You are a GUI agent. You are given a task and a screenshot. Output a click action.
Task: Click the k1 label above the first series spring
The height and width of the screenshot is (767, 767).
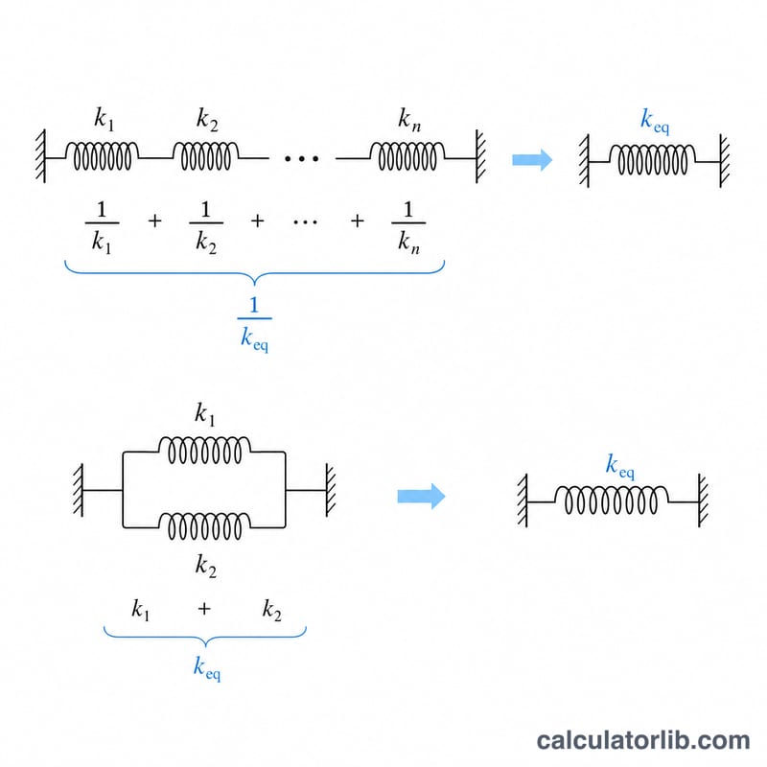[105, 119]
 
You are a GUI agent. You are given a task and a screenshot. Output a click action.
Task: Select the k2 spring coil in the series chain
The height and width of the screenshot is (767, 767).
[206, 156]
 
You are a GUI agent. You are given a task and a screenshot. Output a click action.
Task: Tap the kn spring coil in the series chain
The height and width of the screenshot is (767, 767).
[407, 156]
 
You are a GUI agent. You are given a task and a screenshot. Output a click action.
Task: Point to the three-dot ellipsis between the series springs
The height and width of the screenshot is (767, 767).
[301, 158]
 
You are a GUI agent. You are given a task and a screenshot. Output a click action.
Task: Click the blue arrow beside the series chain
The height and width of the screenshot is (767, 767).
[532, 160]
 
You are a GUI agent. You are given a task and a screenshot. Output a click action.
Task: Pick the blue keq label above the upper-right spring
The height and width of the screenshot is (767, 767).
[655, 121]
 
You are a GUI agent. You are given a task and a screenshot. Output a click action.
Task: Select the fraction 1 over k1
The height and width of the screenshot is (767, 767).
[102, 227]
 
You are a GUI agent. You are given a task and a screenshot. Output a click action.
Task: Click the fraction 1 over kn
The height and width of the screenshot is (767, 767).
[408, 227]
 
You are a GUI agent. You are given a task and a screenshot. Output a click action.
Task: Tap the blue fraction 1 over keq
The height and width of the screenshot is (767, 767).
[254, 324]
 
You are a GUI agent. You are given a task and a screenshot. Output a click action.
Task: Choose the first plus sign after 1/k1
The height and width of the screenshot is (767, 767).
[154, 221]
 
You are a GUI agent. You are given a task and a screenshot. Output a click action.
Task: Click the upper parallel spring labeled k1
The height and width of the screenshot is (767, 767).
[204, 450]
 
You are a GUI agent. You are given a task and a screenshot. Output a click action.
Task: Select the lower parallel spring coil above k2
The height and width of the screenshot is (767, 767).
[204, 525]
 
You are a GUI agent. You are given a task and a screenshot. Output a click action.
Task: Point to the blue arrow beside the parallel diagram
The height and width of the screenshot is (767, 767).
[421, 496]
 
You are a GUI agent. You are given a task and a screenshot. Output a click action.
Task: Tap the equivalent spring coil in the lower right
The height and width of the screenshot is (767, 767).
[612, 500]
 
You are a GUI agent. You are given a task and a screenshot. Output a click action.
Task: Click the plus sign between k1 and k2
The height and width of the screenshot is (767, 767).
[204, 609]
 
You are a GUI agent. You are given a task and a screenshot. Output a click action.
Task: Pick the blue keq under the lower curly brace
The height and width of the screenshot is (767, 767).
[207, 668]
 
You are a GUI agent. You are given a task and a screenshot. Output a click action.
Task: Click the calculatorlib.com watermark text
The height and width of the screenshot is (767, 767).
[643, 740]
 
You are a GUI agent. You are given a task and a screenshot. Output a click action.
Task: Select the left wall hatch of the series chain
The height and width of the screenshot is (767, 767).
[40, 156]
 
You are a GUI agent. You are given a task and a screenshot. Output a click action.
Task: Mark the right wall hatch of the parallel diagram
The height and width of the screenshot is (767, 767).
[331, 490]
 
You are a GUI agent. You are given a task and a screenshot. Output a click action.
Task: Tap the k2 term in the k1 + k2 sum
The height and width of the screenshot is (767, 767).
[272, 610]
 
